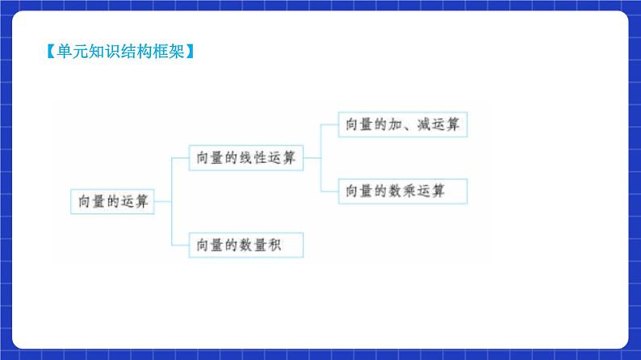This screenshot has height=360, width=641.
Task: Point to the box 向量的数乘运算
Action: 403,191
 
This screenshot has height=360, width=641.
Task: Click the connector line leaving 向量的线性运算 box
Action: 312,158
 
